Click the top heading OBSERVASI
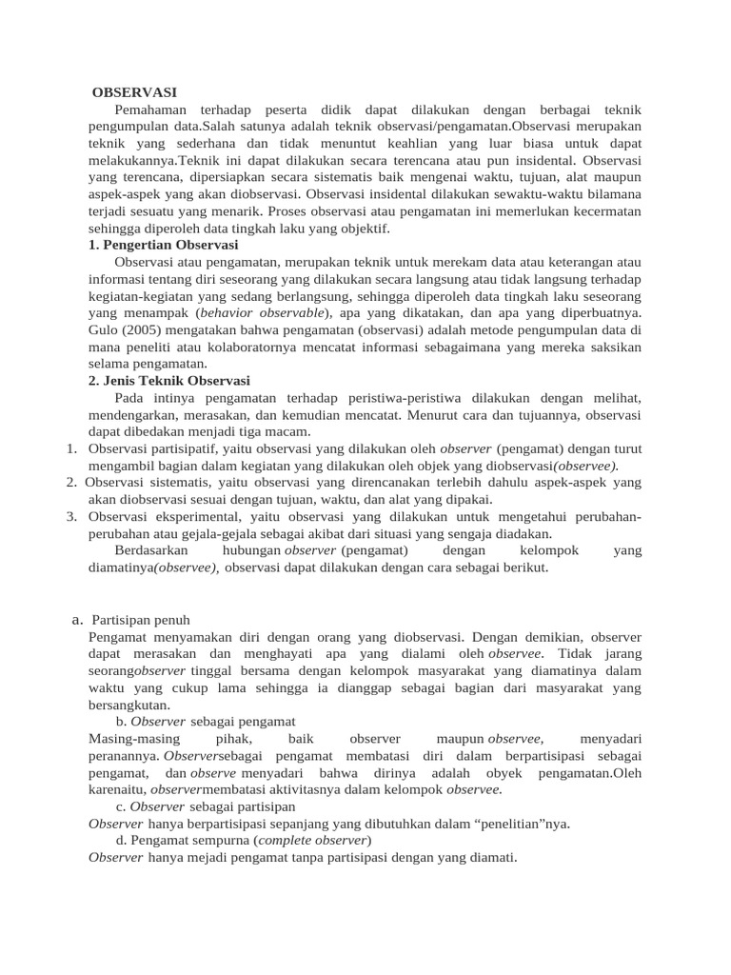point(135,92)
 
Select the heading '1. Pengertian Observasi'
point(162,245)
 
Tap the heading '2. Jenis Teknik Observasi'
point(168,380)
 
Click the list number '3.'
point(71,517)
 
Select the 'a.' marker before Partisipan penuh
point(78,620)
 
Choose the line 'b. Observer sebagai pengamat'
point(206,722)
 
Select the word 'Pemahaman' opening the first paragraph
point(150,109)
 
